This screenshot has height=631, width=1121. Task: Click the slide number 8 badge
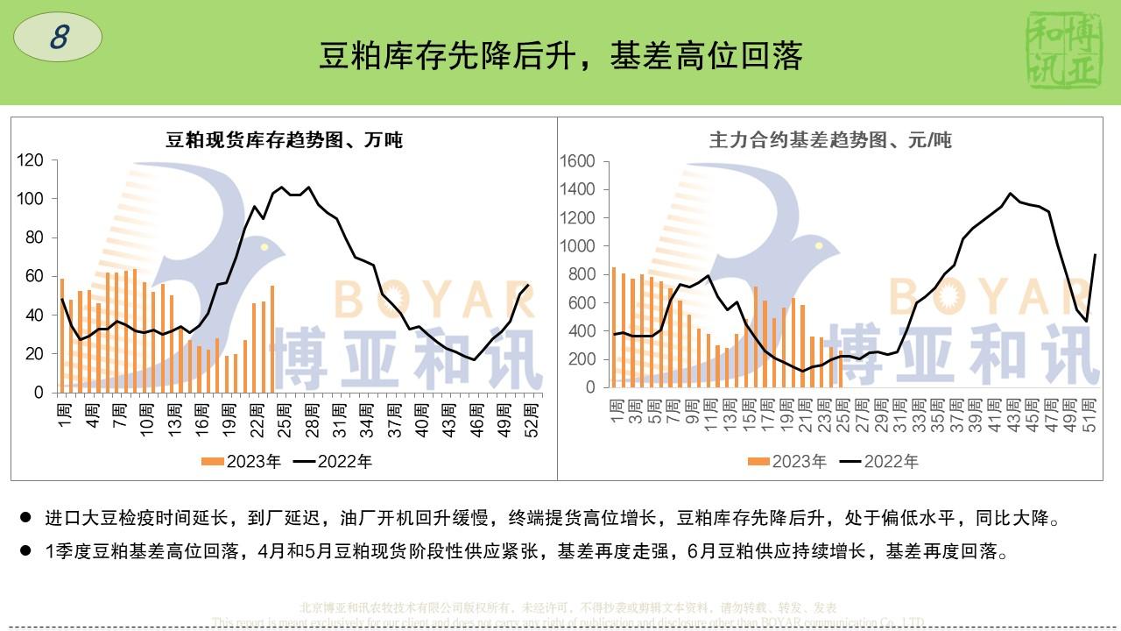[x=59, y=38]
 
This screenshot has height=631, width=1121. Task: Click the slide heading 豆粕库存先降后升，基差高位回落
[x=560, y=56]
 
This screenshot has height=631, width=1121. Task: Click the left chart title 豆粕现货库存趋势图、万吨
[x=285, y=139]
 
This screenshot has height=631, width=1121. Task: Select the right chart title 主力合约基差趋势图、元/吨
[x=830, y=139]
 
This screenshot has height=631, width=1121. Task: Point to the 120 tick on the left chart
[x=30, y=160]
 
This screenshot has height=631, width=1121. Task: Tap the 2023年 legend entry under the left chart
[x=242, y=461]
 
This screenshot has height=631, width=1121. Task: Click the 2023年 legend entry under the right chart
[x=787, y=461]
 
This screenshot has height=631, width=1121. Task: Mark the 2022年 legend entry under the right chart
[x=879, y=461]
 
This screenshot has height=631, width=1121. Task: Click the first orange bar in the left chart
[x=61, y=334]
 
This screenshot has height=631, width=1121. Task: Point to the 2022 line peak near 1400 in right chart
[x=1011, y=193]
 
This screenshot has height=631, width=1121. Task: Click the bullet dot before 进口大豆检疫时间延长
[x=25, y=519]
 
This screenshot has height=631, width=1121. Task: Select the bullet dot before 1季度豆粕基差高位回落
[x=25, y=552]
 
